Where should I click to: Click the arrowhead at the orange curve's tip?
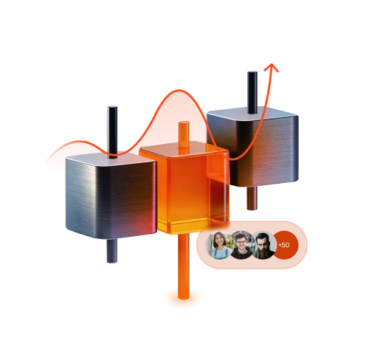272,67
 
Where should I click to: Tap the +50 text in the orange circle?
284,245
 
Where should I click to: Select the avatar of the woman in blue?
219,245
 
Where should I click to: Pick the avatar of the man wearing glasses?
242,245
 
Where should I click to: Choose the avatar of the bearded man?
263,245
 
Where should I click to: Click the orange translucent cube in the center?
184,187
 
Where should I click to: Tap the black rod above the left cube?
112,131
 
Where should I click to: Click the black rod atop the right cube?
252,92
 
